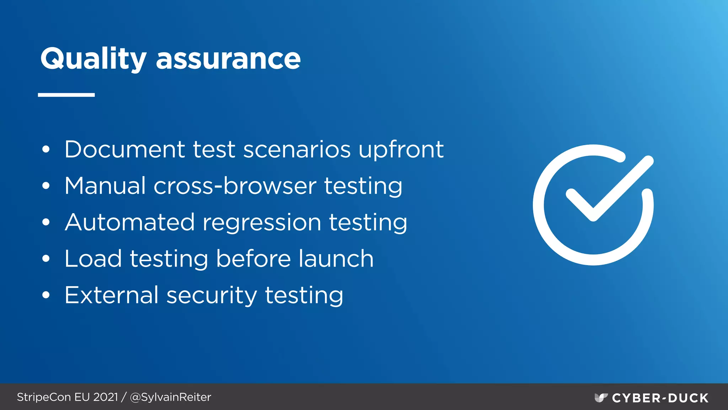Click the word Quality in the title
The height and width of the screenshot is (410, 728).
click(93, 59)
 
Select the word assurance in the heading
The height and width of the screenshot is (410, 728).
click(228, 59)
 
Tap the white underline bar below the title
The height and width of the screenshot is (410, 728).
click(66, 95)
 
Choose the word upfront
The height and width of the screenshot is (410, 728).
click(401, 150)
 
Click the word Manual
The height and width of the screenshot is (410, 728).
click(105, 186)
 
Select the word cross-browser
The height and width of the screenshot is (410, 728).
click(235, 186)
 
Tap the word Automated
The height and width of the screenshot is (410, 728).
click(130, 222)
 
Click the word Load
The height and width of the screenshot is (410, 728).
click(93, 259)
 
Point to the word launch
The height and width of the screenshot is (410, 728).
click(336, 259)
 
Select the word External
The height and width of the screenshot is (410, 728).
click(111, 295)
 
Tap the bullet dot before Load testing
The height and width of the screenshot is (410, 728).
click(46, 259)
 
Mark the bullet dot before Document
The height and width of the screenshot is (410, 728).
click(46, 150)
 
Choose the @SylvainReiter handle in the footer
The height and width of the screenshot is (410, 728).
click(171, 397)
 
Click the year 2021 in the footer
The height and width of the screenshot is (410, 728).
click(106, 397)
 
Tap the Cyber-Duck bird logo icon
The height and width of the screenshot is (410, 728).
click(601, 398)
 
